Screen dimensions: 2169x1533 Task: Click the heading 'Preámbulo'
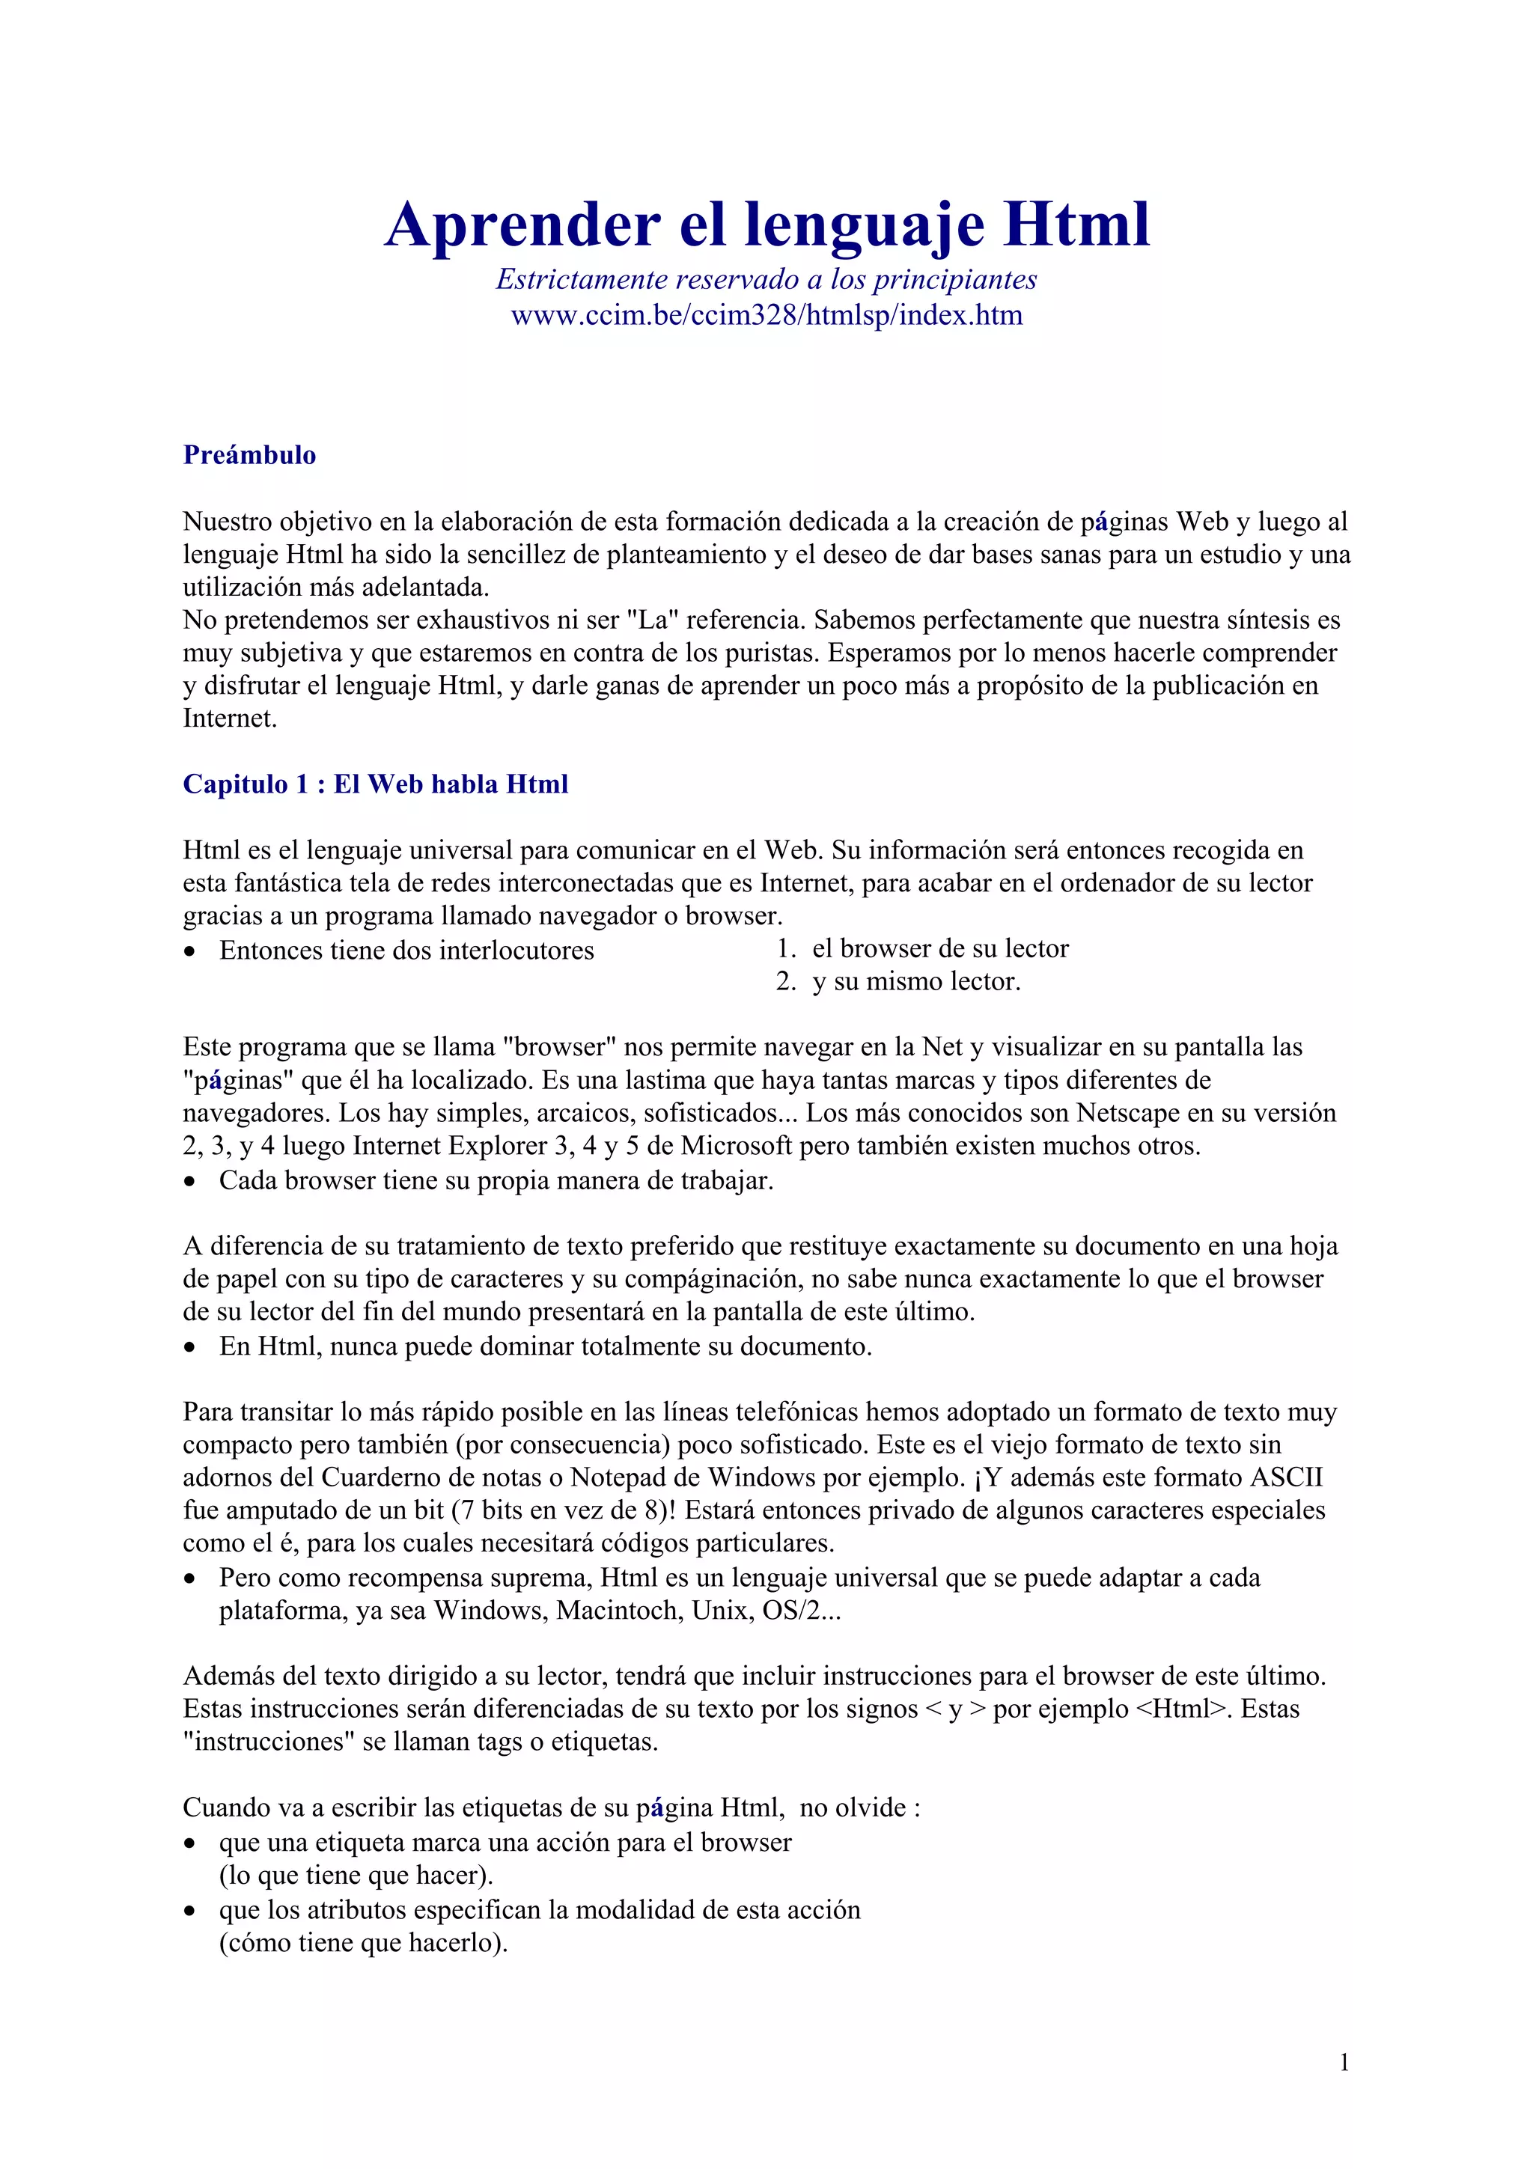point(249,455)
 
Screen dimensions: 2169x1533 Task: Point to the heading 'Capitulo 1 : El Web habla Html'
point(375,784)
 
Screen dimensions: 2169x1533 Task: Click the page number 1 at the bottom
point(1343,2062)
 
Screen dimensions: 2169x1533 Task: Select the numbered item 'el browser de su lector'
point(940,948)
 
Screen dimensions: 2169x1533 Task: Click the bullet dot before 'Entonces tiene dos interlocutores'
point(191,952)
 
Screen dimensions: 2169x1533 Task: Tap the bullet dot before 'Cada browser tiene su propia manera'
point(191,1182)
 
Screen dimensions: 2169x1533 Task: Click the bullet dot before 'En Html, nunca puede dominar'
point(191,1347)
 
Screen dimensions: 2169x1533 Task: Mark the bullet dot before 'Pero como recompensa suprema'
point(191,1579)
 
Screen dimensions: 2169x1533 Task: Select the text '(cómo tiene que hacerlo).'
point(364,1943)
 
